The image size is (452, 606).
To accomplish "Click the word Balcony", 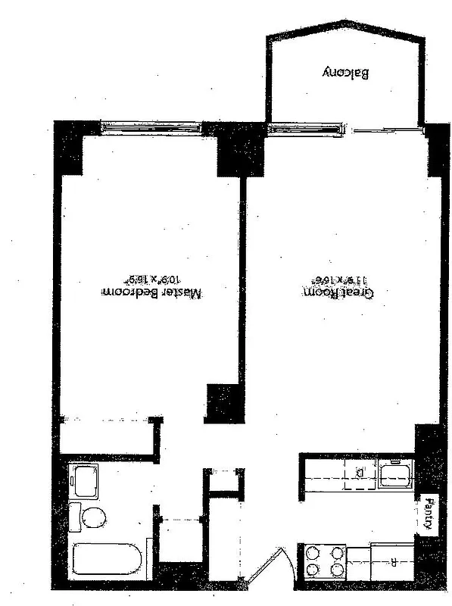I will [345, 73].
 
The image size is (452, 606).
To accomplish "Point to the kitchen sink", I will [395, 476].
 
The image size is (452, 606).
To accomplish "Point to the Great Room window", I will [303, 130].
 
